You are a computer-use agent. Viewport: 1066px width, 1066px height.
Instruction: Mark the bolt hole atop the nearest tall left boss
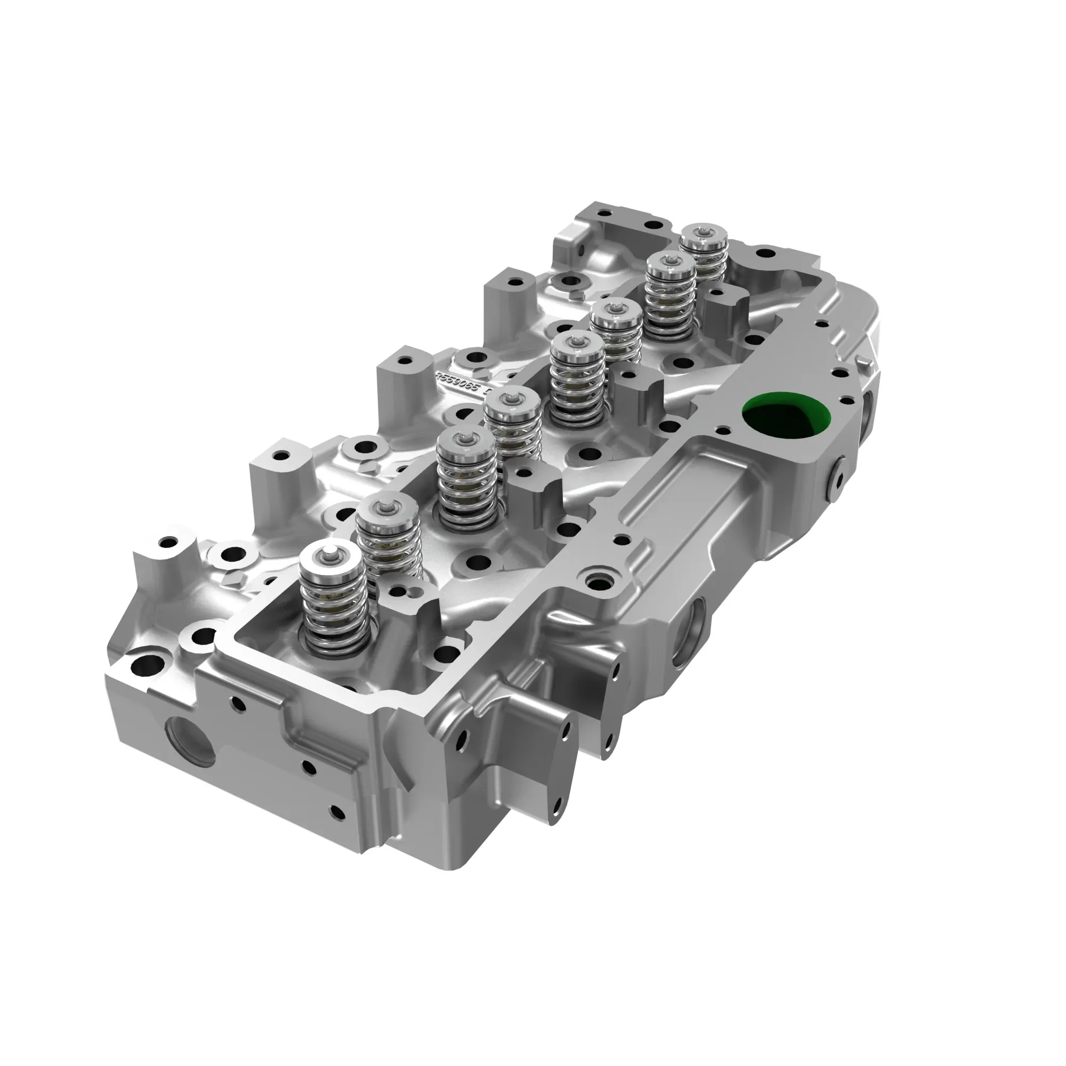[166, 542]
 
